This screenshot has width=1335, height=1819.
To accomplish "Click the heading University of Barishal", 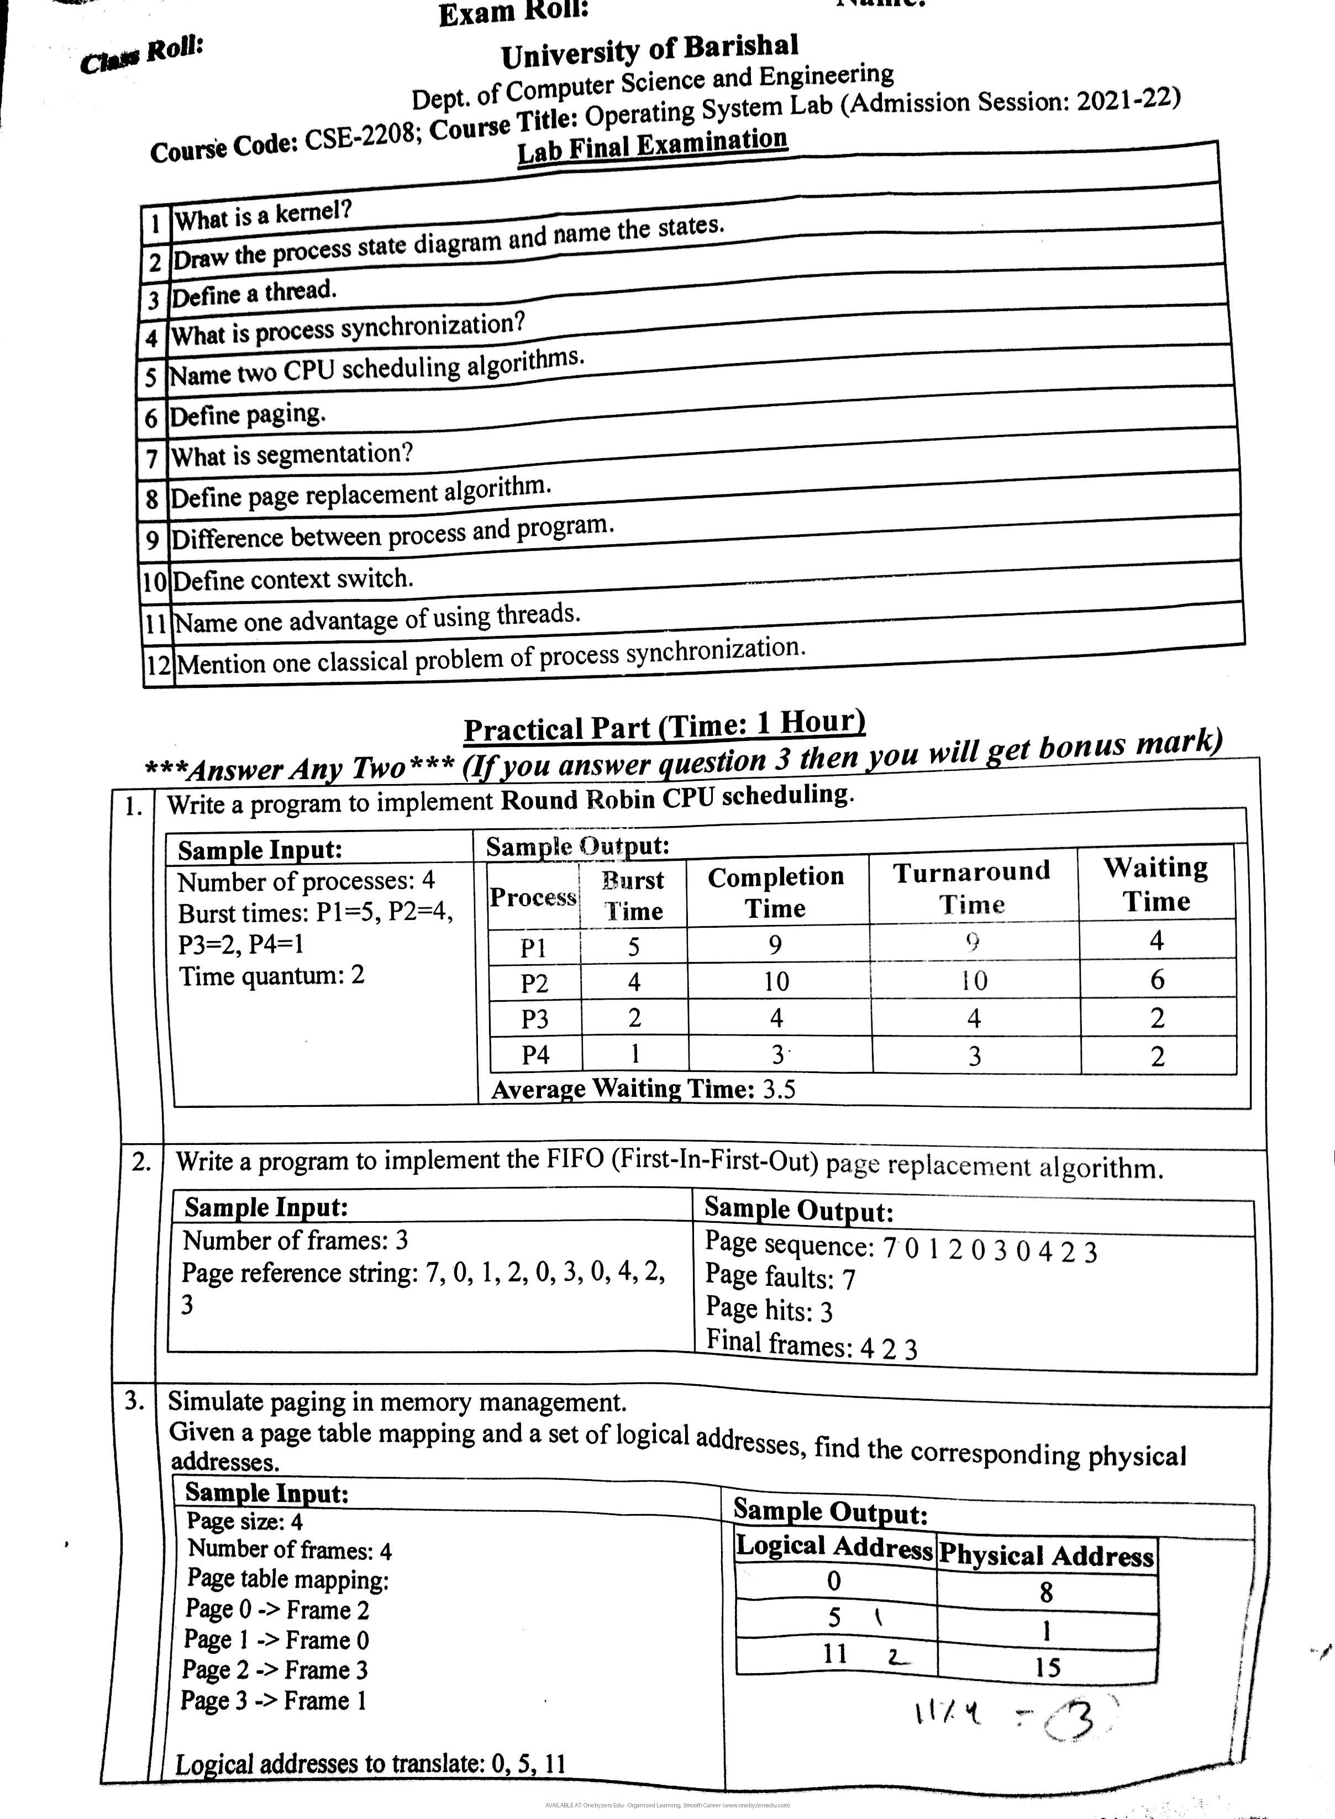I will coord(649,52).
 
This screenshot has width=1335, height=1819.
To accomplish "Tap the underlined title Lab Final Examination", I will coord(651,145).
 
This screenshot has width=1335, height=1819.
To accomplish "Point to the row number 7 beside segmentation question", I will coord(151,458).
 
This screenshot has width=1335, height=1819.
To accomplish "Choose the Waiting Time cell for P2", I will coord(1157,980).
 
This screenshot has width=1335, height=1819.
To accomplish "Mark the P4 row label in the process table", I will coord(535,1055).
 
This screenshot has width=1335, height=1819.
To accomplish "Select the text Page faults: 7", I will coord(780,1277).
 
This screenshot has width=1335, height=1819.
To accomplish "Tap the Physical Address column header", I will coord(1047,1555).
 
